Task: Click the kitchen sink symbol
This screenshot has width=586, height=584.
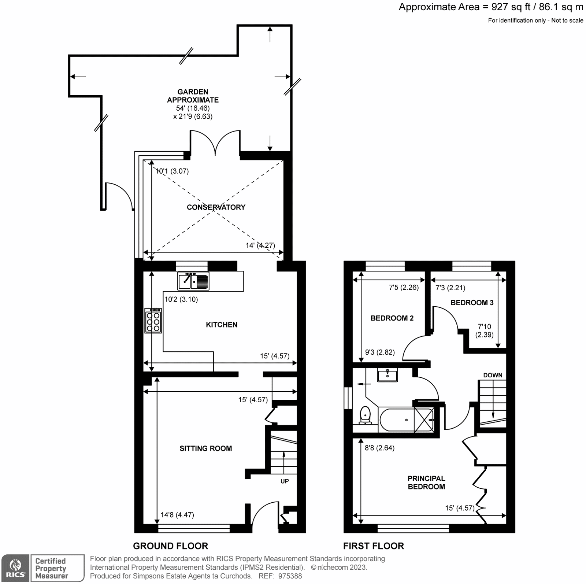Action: (193, 281)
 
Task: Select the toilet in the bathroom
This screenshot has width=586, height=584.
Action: (365, 416)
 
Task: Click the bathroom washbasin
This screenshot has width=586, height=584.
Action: (387, 376)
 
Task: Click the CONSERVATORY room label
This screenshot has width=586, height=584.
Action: (216, 207)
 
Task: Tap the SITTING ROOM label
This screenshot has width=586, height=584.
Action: (205, 448)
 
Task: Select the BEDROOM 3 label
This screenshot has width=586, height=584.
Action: (472, 303)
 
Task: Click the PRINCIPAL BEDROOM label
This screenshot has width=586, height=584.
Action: (426, 483)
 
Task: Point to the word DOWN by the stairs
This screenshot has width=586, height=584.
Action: (493, 375)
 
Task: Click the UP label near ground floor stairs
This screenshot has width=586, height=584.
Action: (285, 481)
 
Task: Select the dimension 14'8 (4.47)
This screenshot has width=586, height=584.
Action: (177, 515)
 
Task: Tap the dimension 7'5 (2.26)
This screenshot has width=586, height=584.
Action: (404, 288)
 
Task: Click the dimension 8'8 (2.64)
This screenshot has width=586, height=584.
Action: (379, 448)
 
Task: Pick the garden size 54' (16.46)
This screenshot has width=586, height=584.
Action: (193, 108)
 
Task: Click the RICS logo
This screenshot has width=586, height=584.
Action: (15, 568)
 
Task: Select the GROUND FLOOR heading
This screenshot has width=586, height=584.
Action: (170, 546)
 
